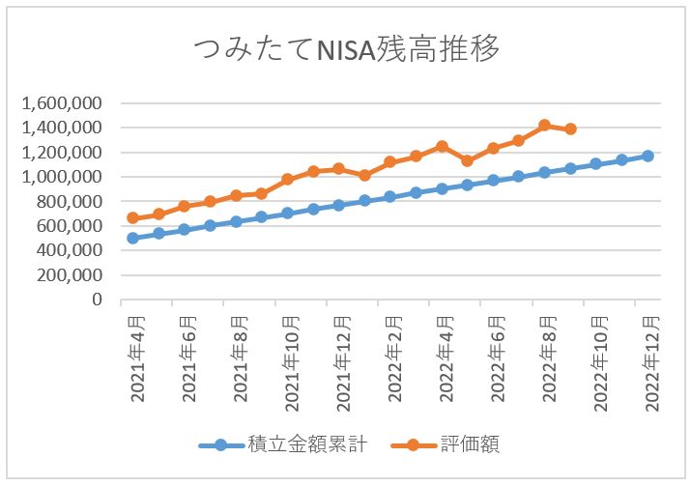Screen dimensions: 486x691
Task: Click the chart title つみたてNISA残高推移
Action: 346,48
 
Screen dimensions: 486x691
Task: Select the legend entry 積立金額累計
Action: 295,445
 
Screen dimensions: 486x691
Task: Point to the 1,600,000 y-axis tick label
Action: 63,102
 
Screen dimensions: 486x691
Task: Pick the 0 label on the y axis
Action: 98,300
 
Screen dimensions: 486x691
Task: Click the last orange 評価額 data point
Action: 570,129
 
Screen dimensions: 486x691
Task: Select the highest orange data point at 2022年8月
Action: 544,125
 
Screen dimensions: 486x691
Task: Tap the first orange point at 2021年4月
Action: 132,218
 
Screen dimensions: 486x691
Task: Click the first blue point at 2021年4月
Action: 132,238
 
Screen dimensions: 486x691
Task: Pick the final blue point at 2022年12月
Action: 648,156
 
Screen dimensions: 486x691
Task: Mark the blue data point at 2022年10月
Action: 596,164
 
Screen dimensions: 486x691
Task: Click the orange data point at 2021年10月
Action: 287,179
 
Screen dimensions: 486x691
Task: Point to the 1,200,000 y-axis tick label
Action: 63,152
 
